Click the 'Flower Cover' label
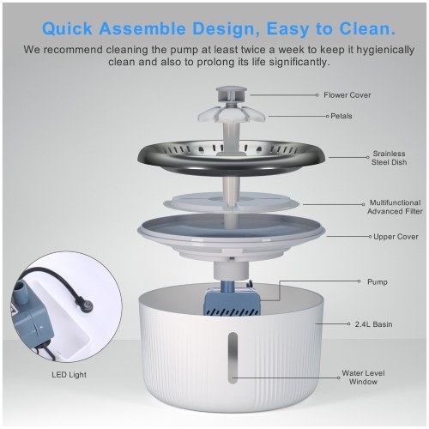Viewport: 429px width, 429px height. pyautogui.click(x=347, y=95)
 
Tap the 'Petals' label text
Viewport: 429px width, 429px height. pyautogui.click(x=341, y=116)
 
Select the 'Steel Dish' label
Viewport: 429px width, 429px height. pyautogui.click(x=389, y=158)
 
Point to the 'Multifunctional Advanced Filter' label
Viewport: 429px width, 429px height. pyautogui.click(x=395, y=207)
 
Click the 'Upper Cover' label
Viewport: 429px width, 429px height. pyautogui.click(x=396, y=237)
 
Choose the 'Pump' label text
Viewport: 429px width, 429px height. pyautogui.click(x=378, y=281)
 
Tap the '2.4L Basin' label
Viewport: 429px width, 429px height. pyautogui.click(x=373, y=324)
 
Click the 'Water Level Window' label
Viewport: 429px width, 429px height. pyautogui.click(x=363, y=378)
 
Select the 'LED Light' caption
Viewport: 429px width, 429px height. pyautogui.click(x=69, y=375)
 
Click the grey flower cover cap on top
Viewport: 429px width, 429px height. pyautogui.click(x=231, y=95)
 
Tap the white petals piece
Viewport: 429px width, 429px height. pyautogui.click(x=231, y=114)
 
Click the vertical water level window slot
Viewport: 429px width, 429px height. pyautogui.click(x=233, y=358)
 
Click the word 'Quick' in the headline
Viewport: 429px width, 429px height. pyautogui.click(x=67, y=28)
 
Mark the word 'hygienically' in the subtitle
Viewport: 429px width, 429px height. pyautogui.click(x=385, y=50)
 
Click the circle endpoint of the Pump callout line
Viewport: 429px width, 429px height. pyautogui.click(x=359, y=281)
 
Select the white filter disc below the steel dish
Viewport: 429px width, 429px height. pyautogui.click(x=231, y=202)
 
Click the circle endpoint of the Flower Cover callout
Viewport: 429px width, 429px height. pyautogui.click(x=317, y=95)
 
